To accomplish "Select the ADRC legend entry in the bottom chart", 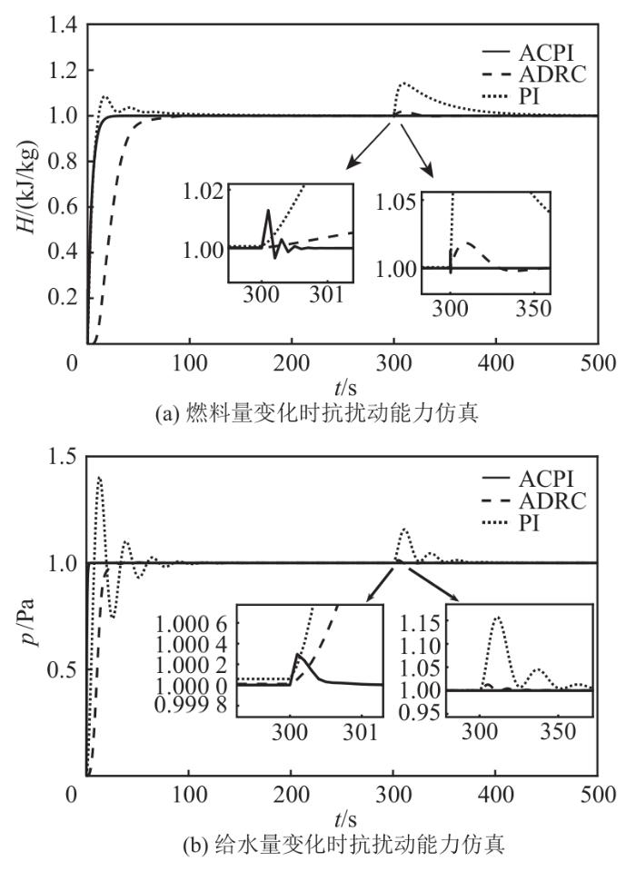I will [x=555, y=501].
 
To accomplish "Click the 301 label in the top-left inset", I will [x=326, y=294].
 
